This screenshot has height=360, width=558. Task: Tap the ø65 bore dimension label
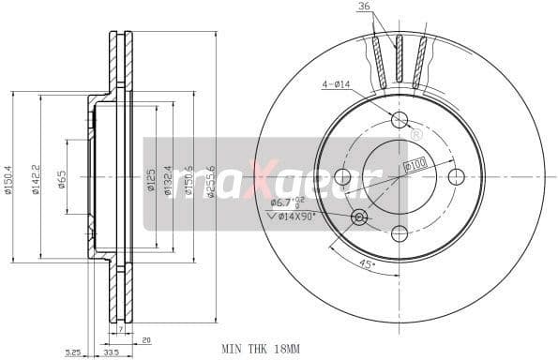point(61,177)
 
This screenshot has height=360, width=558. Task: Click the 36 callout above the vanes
point(364,7)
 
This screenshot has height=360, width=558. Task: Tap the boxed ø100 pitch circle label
point(414,165)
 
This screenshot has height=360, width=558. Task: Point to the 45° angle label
point(368,263)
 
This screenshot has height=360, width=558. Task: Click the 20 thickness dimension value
point(145,341)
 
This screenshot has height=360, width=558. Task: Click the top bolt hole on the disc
point(400,119)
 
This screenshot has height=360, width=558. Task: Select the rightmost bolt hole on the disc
point(457,176)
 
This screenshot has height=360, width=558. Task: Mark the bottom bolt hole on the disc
point(400,233)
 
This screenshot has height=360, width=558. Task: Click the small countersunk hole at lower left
point(359,217)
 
